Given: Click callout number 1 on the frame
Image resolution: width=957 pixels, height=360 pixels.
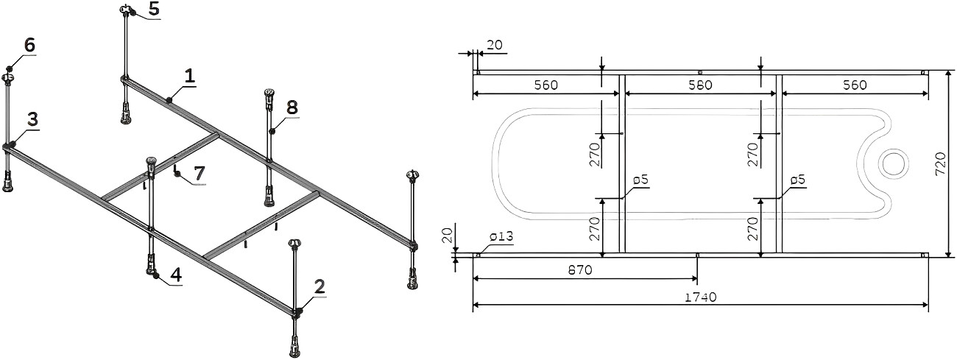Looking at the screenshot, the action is [x=190, y=76].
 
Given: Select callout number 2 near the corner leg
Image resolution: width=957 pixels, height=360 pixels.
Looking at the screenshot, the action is [x=319, y=286].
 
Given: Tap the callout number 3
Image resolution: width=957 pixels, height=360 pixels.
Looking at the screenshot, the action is [x=33, y=119].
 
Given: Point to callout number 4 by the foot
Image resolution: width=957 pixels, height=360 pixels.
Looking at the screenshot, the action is [x=176, y=275].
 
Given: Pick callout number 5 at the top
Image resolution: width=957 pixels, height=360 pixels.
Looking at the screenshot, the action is [x=155, y=10].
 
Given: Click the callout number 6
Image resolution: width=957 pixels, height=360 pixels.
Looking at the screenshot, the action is [x=29, y=45].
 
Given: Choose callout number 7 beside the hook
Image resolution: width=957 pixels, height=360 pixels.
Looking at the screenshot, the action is [x=199, y=174].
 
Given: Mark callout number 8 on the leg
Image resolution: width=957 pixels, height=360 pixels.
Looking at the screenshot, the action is [x=292, y=107].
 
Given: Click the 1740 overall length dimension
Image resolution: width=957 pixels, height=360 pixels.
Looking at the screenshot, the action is [x=701, y=297].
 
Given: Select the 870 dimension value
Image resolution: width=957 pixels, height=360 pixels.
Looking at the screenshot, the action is [x=580, y=270].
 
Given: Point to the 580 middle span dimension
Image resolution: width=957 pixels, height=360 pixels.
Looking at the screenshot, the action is [x=700, y=85].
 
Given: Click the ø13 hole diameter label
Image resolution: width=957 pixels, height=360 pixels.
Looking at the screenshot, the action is [x=501, y=236].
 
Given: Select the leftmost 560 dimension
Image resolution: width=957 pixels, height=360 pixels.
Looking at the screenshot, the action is [x=546, y=85].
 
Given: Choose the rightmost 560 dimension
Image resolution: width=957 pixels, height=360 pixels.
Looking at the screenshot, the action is [x=855, y=85].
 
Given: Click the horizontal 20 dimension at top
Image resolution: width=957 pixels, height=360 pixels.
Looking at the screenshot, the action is [x=494, y=45].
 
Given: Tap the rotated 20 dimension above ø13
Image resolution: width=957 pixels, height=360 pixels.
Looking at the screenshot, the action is [x=446, y=236].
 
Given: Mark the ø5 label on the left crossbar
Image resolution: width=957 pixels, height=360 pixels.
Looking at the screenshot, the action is [x=640, y=180].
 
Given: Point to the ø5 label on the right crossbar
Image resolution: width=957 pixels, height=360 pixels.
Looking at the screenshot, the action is [x=797, y=180].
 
